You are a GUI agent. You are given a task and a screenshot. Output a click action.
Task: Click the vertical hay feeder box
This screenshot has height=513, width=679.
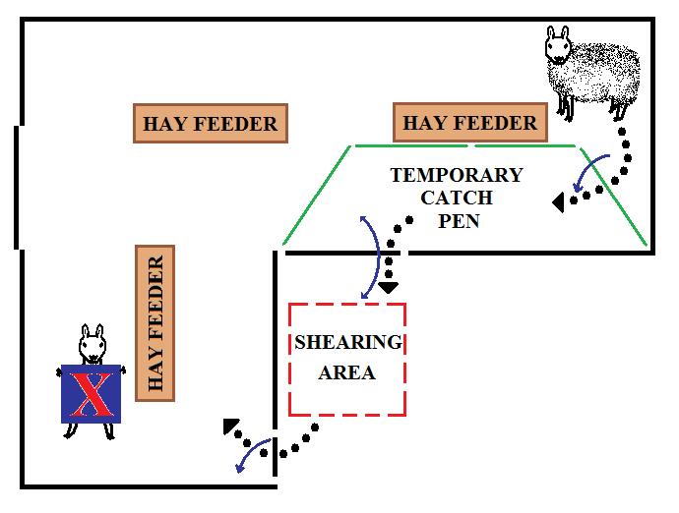(x=154, y=323)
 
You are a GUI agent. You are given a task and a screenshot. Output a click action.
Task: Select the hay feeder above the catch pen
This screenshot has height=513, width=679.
(x=470, y=123)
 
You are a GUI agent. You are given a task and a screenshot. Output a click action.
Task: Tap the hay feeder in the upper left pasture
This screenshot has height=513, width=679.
(x=210, y=124)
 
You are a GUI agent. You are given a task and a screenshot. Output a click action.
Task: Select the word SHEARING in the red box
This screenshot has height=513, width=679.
(x=348, y=343)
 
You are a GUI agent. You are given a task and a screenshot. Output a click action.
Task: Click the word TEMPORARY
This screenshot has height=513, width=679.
(x=457, y=176)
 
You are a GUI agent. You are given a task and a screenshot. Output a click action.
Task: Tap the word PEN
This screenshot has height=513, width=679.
(x=458, y=220)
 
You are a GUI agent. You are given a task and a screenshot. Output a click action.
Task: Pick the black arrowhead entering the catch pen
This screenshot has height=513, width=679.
(x=558, y=203)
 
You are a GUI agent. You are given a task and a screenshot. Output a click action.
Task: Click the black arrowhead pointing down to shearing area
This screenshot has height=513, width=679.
(x=389, y=287)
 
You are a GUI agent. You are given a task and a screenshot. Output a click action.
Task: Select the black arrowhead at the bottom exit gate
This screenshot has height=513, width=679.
(x=230, y=427)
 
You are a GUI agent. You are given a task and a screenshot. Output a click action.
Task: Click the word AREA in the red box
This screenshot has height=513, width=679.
(x=347, y=373)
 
